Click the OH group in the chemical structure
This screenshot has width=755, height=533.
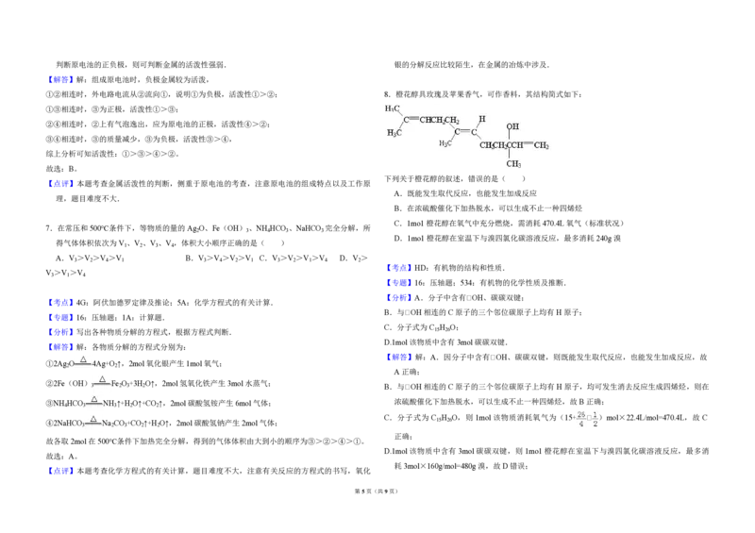click(512, 125)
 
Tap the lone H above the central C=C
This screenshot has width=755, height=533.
click(481, 119)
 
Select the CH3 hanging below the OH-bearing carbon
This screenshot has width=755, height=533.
click(512, 164)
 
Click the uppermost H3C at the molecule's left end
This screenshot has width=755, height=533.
click(392, 108)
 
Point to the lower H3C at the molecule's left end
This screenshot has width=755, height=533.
click(394, 132)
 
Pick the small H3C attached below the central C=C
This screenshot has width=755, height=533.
click(445, 142)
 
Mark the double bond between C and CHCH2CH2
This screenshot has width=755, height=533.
click(411, 120)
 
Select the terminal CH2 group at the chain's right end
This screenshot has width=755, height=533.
click(542, 145)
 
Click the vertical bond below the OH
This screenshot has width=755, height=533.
click(510, 136)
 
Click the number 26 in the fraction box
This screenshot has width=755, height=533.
click(581, 414)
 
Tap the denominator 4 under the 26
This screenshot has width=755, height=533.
click(581, 424)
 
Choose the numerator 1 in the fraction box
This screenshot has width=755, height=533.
click(596, 414)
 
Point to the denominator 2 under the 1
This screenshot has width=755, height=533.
click(596, 424)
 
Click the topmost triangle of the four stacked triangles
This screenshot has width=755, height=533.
click(82, 359)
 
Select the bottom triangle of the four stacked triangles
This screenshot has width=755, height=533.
click(93, 418)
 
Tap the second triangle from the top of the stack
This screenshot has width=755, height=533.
click(102, 378)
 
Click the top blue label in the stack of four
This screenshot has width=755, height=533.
click(60, 302)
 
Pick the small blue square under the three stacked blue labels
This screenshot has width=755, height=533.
click(404, 306)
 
